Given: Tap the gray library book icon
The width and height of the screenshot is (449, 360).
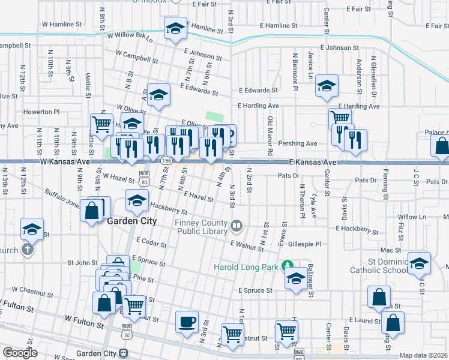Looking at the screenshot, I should (x=237, y=226).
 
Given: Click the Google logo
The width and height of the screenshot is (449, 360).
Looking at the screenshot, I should (x=20, y=353).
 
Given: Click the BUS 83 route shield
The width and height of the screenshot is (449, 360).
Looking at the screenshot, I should (x=143, y=180).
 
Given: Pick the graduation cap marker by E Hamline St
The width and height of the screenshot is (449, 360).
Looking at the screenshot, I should (x=175, y=28).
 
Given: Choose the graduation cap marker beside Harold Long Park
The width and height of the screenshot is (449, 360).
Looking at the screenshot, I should (x=295, y=279).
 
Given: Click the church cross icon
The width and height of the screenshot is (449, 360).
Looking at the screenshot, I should (x=28, y=249).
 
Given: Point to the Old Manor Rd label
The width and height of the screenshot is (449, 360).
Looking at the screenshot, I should (x=270, y=133).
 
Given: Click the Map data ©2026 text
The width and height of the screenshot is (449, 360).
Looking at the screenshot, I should (x=423, y=355).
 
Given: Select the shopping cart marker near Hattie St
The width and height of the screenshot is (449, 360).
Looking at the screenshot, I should (x=101, y=125).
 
